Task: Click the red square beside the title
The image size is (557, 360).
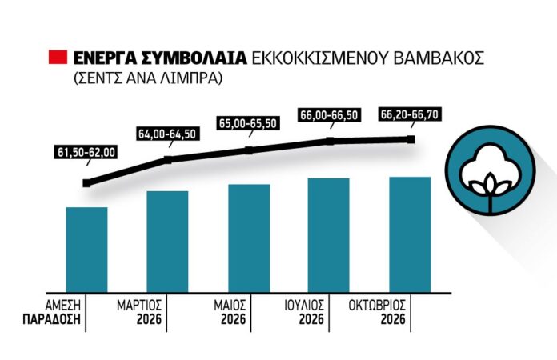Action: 58,58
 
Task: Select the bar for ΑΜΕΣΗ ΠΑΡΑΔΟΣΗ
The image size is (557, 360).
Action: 86,248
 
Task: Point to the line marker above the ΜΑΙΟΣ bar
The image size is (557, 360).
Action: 249,150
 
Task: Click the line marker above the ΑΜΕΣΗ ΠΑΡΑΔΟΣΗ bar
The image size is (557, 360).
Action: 86,182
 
